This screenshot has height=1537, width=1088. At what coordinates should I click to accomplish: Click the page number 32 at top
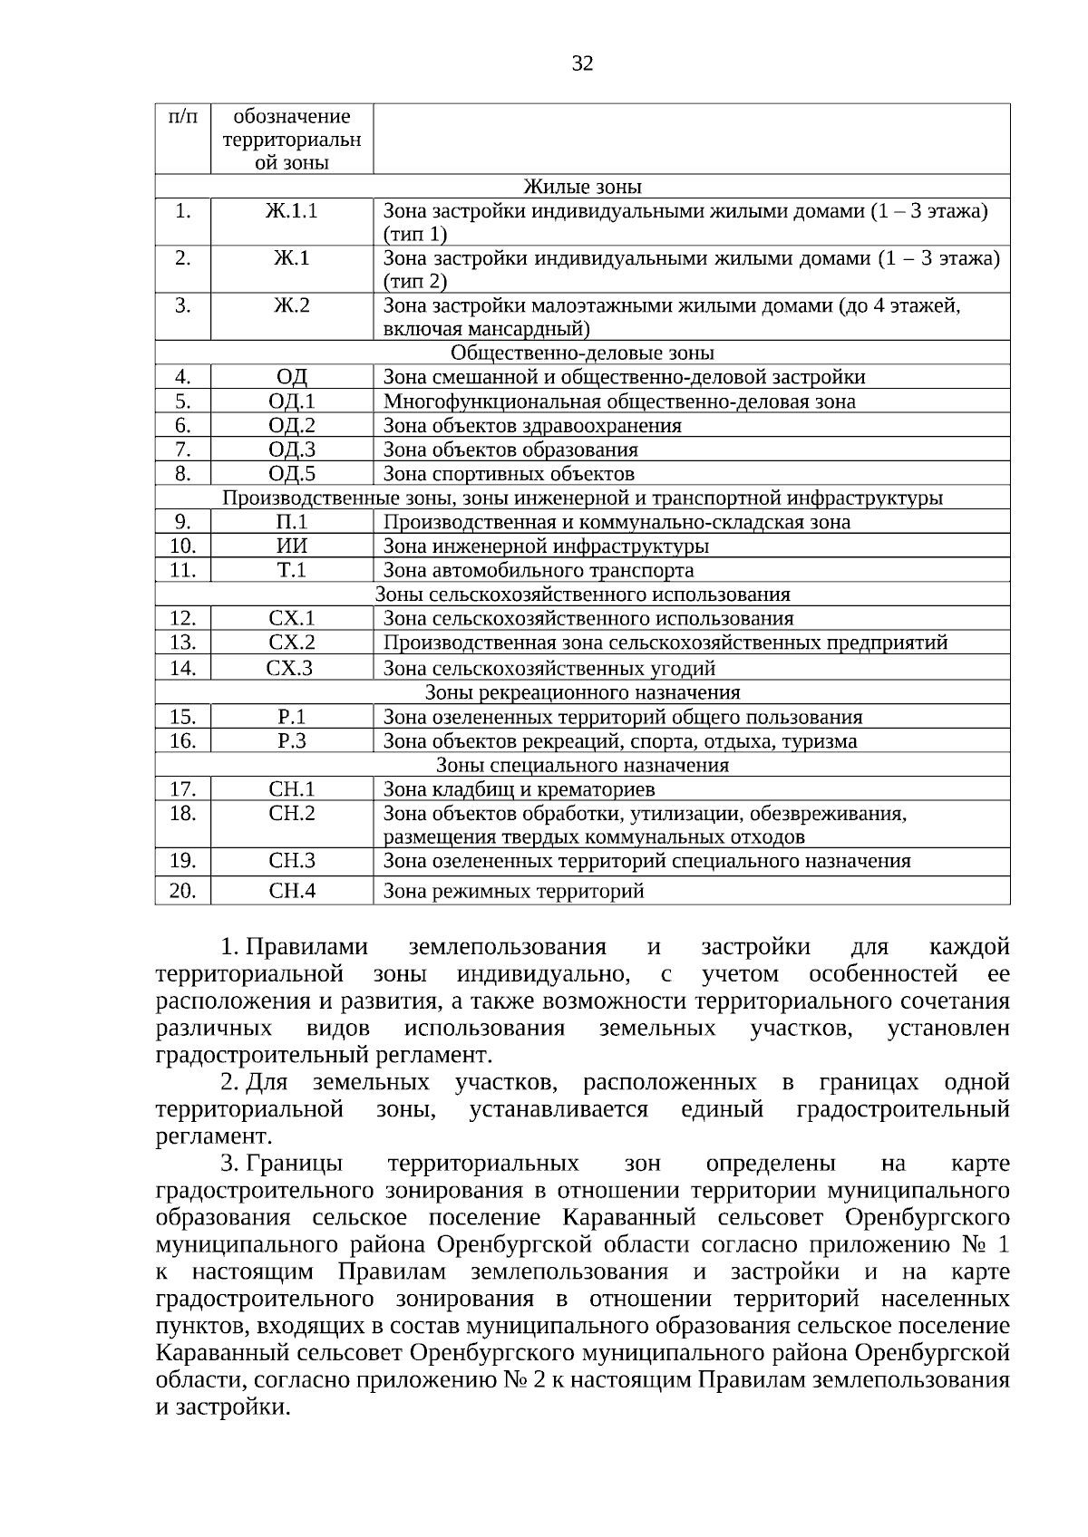582,63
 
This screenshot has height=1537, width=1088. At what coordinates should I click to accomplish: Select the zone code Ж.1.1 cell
291,212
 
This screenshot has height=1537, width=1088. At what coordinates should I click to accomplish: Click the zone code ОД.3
291,449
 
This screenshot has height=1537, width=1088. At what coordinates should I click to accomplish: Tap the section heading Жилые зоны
582,188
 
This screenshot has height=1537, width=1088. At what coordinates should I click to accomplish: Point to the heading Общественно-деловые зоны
582,353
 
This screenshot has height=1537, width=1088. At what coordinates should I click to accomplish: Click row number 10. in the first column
182,546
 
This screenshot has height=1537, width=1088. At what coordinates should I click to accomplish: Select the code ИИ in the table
291,546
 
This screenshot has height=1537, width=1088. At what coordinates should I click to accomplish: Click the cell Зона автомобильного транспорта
539,570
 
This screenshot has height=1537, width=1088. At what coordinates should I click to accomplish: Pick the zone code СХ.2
291,643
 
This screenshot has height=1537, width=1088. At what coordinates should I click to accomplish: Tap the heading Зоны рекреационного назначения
582,692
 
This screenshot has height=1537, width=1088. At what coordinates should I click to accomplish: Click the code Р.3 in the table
291,741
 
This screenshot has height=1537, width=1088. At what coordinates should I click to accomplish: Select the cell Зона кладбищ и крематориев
519,789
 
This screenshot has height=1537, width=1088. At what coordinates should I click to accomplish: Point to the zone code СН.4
291,891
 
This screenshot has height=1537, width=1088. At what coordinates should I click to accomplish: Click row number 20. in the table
182,891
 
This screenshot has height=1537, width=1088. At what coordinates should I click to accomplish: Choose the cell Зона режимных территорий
513,891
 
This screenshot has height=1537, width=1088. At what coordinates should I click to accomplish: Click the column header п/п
182,117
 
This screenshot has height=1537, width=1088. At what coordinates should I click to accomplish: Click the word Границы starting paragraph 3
294,1164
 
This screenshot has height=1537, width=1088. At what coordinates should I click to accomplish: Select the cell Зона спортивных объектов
509,474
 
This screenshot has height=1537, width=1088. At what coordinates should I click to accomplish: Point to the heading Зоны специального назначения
582,765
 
